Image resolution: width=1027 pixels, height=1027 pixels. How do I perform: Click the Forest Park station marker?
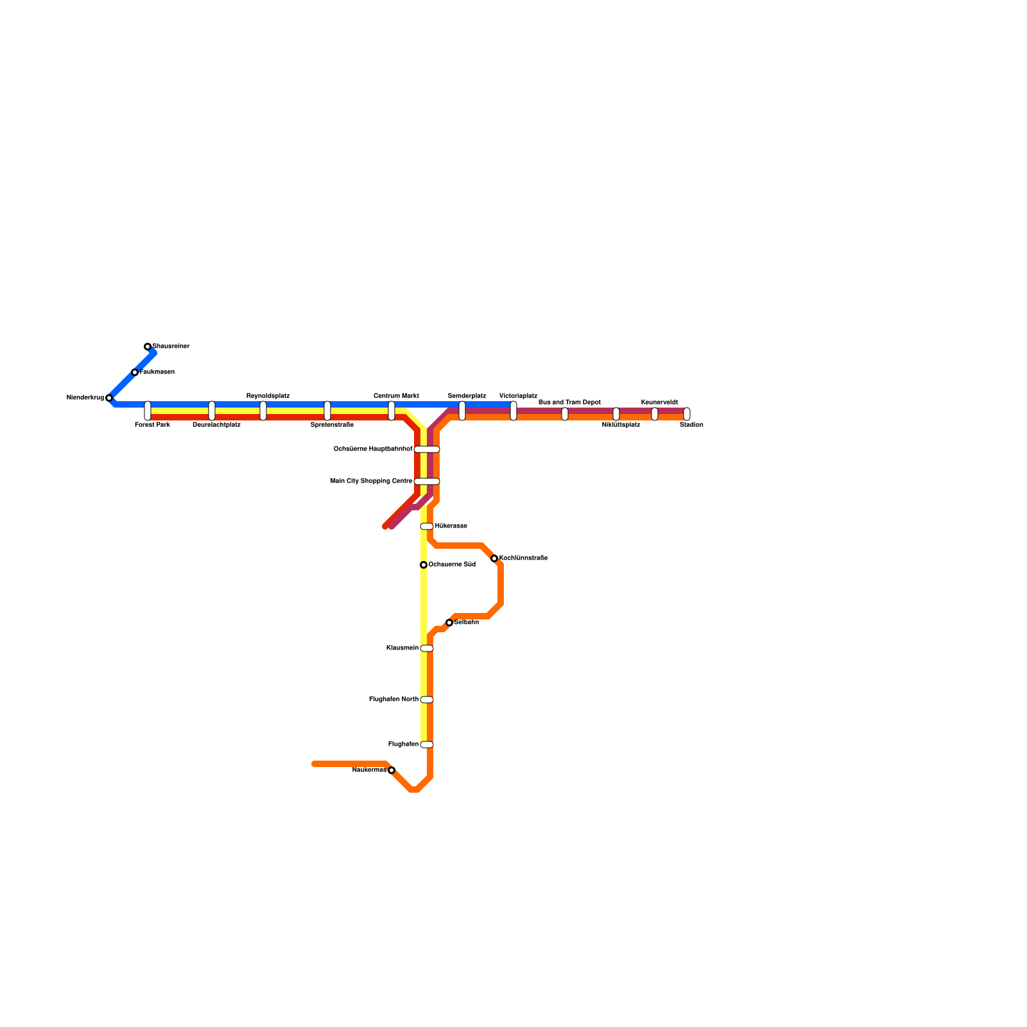tap(148, 411)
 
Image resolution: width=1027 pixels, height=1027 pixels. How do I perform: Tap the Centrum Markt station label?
tap(396, 396)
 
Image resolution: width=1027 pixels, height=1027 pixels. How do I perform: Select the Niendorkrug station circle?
tap(109, 398)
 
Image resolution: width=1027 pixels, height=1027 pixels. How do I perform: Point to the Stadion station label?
tap(691, 425)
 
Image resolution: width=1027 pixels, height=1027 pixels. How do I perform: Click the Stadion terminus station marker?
tap(687, 414)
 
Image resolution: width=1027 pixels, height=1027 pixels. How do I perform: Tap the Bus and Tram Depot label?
tap(569, 402)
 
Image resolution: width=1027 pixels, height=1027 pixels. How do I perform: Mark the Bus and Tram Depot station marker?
tap(565, 414)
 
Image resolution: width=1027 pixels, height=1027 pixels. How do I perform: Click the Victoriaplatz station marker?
tap(513, 411)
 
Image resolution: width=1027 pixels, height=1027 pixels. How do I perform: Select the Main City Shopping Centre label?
tap(371, 481)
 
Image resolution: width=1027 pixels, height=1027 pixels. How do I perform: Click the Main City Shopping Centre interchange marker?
tap(427, 481)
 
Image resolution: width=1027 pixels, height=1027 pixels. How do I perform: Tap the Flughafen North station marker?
tap(427, 700)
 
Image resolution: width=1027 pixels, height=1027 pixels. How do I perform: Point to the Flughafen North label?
tap(393, 700)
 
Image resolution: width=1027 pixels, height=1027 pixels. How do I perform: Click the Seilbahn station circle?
tap(449, 623)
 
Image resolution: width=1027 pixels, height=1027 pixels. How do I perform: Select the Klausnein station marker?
tap(427, 648)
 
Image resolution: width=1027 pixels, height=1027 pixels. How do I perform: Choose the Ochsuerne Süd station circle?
tap(424, 565)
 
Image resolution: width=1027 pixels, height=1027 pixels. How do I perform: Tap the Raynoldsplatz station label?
tap(268, 396)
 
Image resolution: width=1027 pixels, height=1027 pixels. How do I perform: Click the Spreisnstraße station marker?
tap(327, 411)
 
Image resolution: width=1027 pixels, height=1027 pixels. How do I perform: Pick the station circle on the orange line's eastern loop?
tap(494, 558)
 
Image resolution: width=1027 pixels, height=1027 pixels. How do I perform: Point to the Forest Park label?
tap(152, 425)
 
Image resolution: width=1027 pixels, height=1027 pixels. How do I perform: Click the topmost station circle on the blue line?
tap(148, 347)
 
